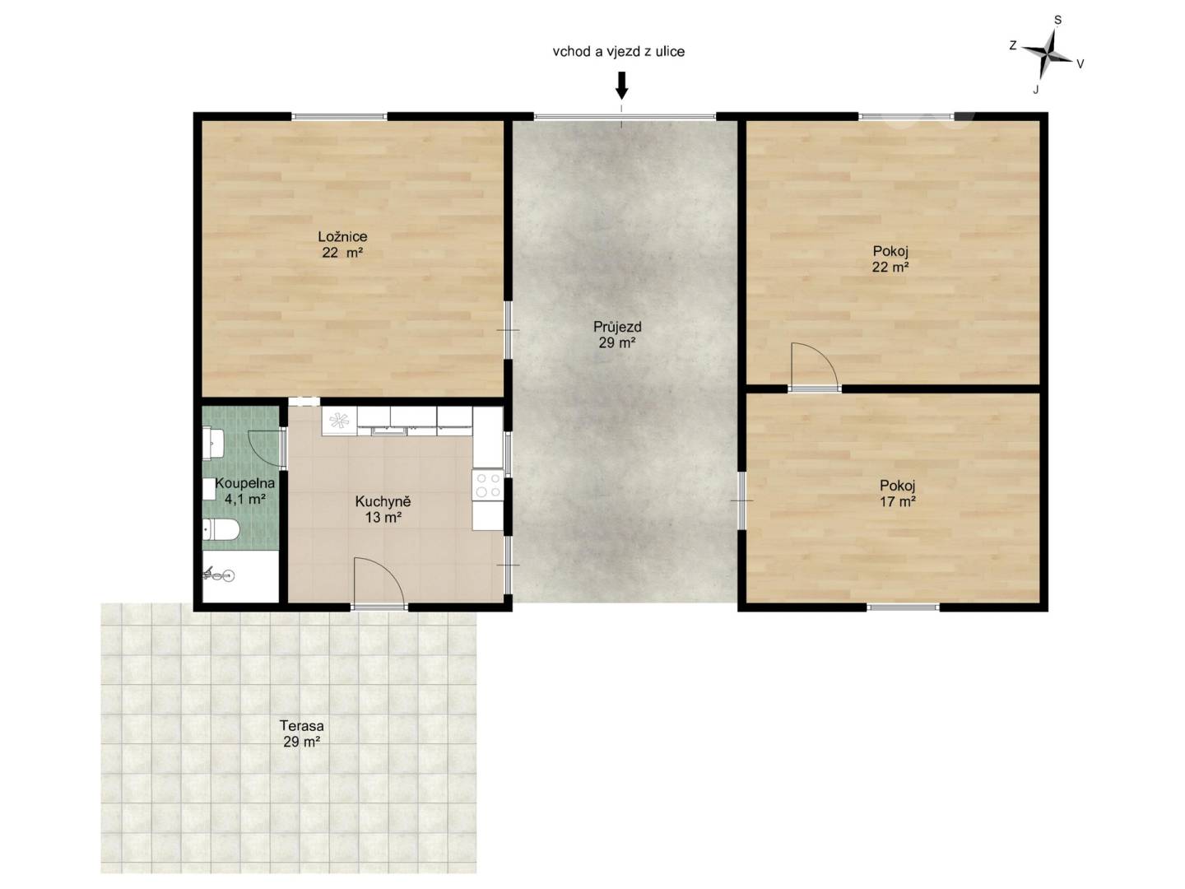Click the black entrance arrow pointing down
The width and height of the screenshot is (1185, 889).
point(621,86)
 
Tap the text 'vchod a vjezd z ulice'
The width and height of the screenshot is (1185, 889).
point(618,52)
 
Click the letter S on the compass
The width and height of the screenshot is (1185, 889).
point(1057,20)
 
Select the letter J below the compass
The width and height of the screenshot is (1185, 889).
point(1035,91)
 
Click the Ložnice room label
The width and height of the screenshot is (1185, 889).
point(342,236)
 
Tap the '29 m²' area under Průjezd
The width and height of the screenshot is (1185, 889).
point(616,342)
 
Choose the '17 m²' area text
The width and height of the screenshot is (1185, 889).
point(897,501)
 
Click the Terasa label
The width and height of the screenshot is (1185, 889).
point(301,725)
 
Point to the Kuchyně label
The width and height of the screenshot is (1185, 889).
point(383,501)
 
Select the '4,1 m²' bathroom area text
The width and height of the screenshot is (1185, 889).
point(244,499)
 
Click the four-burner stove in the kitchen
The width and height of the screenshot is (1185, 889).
point(487,484)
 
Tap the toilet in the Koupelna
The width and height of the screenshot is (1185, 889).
point(221,529)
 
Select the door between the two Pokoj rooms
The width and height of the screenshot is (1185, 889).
point(814,365)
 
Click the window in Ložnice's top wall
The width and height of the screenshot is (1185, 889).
point(340,116)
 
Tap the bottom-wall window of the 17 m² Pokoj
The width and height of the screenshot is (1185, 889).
point(904,607)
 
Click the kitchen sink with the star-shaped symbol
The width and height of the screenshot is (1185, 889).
point(339,421)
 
